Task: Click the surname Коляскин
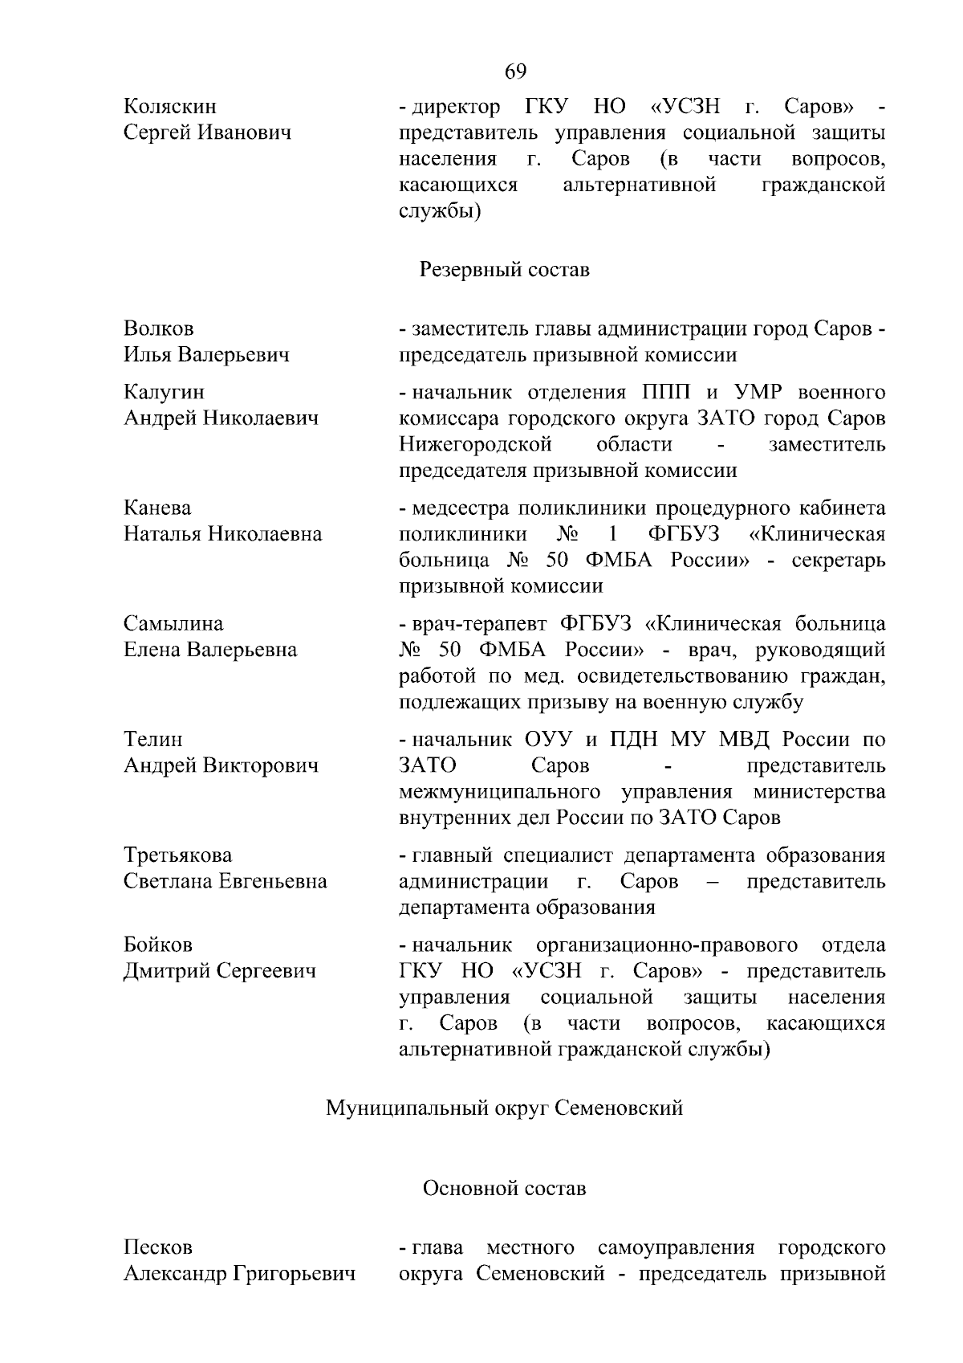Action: click(x=170, y=107)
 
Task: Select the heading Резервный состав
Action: click(x=505, y=270)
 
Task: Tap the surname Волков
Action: click(x=159, y=329)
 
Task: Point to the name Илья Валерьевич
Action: click(x=206, y=355)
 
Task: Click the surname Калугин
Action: click(x=164, y=392)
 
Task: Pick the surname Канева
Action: click(x=157, y=508)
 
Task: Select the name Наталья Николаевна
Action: click(x=222, y=534)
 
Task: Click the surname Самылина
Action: click(x=173, y=624)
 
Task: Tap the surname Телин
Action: click(x=153, y=740)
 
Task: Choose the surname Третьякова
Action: click(x=177, y=855)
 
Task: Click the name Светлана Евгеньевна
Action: click(x=225, y=882)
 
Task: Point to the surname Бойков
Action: click(x=158, y=945)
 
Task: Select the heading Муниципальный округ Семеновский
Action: click(x=504, y=1109)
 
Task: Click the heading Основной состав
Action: click(x=505, y=1189)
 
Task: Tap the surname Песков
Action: click(x=158, y=1248)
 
